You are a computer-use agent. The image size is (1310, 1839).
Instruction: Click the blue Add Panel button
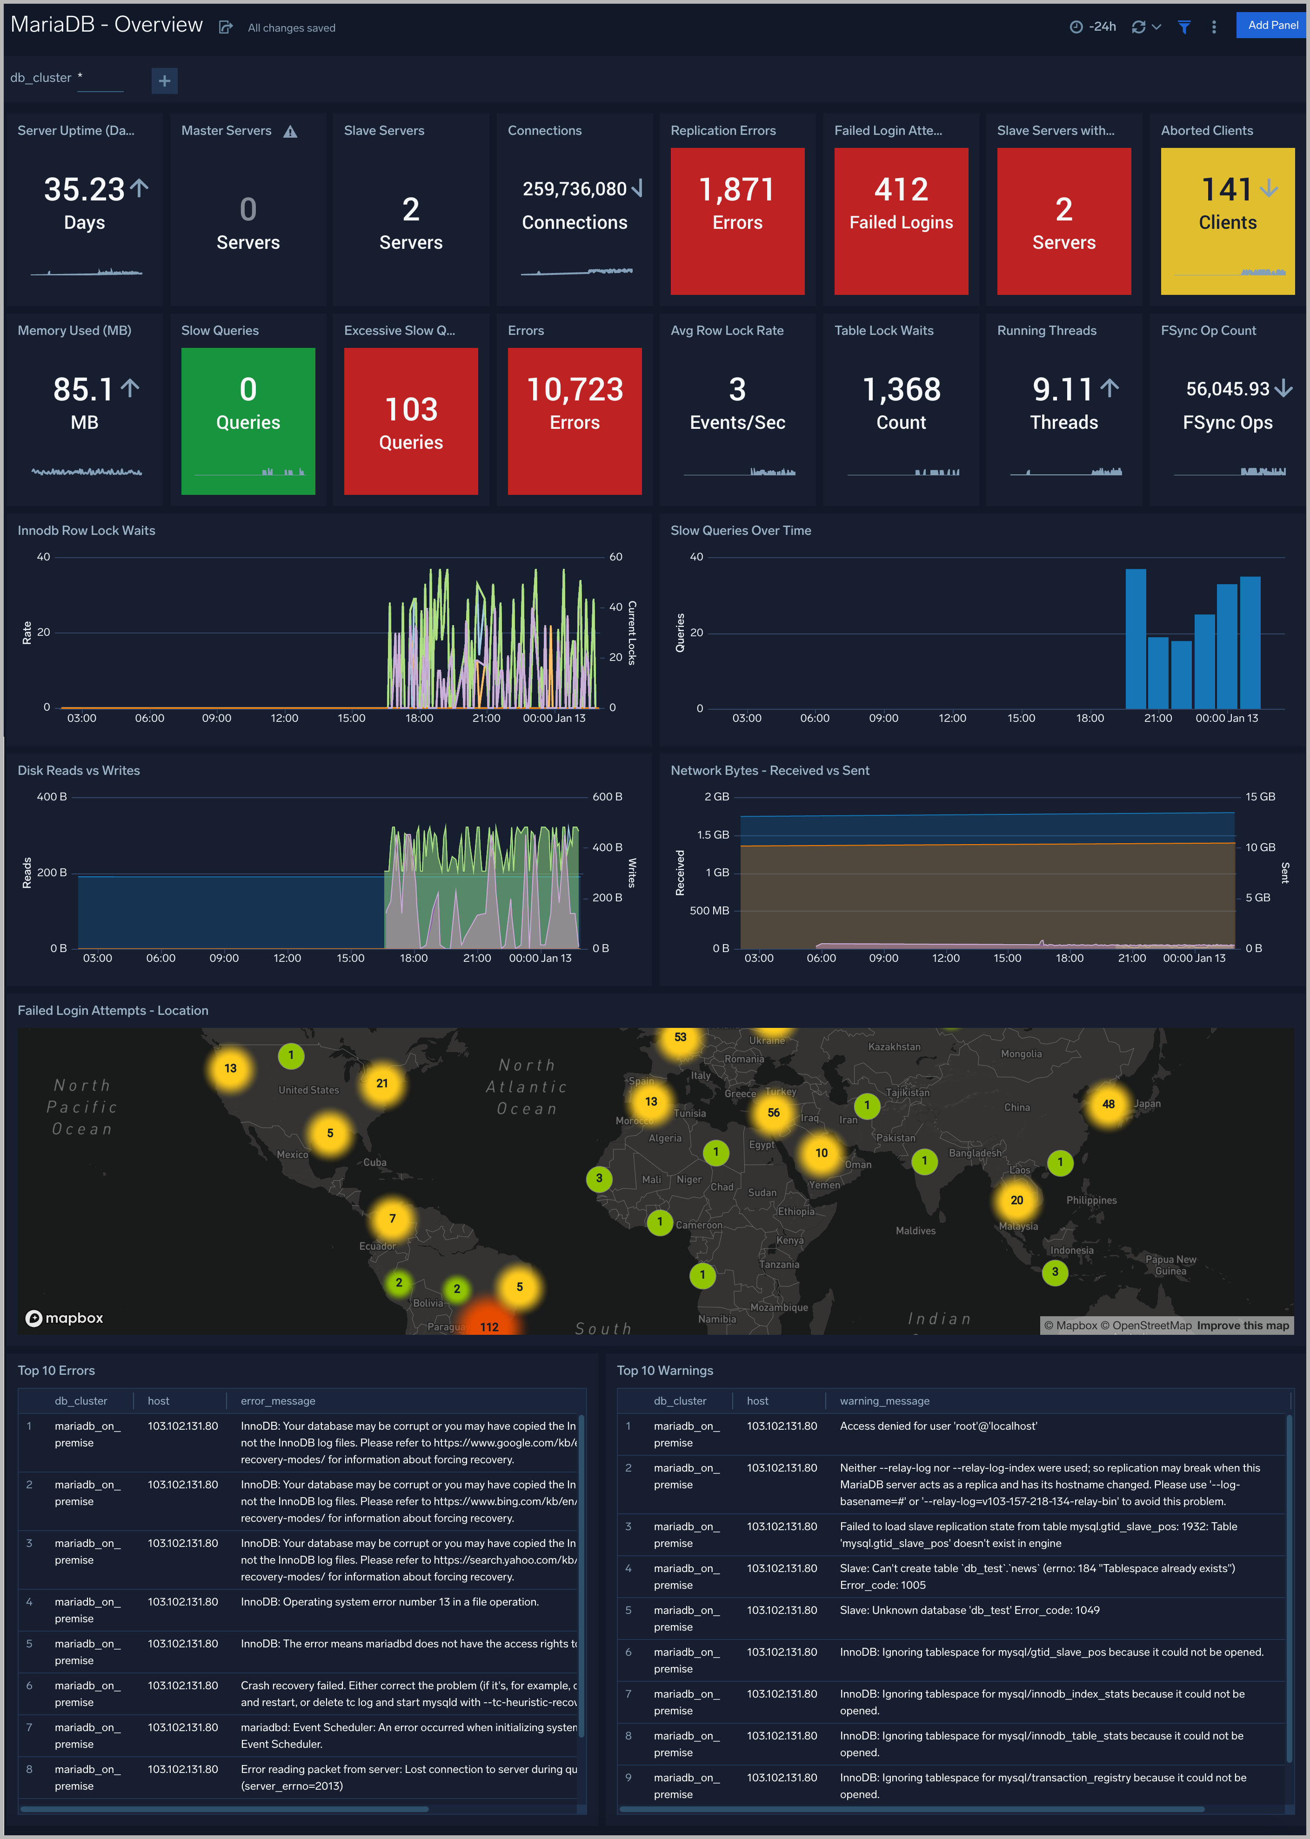1272,25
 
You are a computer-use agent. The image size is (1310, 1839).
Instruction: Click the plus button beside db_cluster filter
165,80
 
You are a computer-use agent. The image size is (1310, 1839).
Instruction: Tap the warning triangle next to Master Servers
290,132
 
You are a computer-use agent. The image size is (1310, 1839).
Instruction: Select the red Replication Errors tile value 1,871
736,190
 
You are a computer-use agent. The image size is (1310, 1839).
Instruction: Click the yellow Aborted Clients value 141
1226,190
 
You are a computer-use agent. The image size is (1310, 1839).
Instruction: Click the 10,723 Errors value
575,390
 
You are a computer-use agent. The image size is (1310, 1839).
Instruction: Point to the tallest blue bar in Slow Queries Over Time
1135,637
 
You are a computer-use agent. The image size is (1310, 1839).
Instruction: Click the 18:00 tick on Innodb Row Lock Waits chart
419,718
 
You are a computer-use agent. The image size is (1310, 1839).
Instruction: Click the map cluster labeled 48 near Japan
1109,1104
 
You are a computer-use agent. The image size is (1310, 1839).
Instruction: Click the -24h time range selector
1093,27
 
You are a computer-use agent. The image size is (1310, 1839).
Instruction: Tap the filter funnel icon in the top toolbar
1184,27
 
